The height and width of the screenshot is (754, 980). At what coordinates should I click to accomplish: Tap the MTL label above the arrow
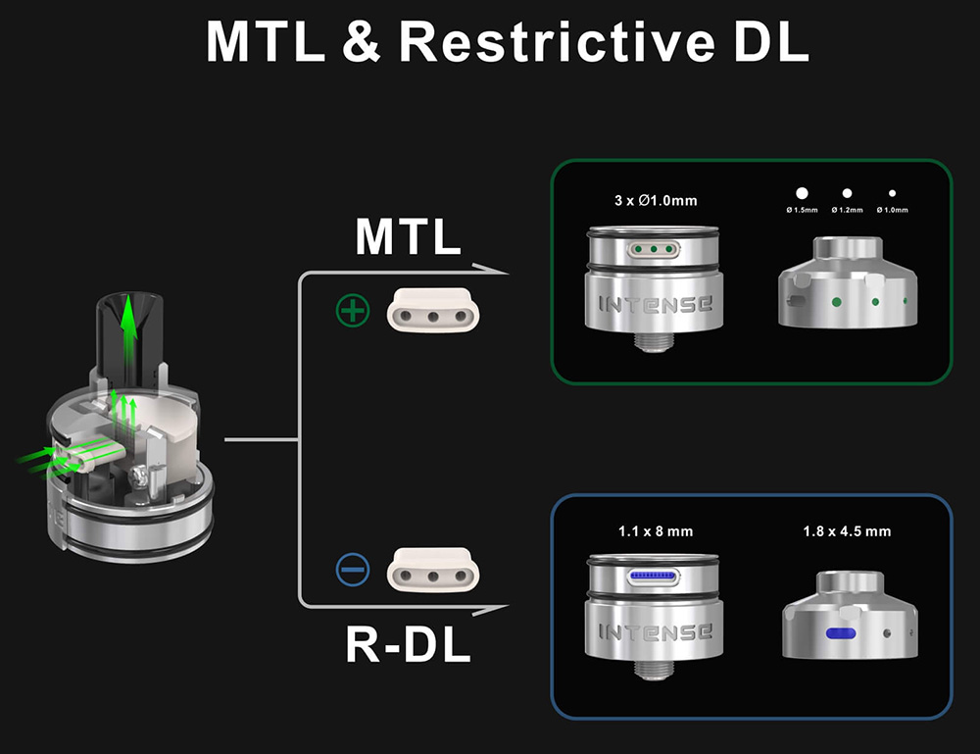coord(408,237)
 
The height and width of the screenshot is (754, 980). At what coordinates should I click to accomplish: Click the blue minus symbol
coord(353,568)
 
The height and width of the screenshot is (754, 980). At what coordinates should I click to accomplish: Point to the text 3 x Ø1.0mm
coord(656,201)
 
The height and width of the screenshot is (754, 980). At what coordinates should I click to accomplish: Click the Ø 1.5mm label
coord(802,210)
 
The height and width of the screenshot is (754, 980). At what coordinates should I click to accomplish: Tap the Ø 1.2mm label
coord(847,210)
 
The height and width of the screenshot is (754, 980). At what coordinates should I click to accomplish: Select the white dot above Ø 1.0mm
coord(892,194)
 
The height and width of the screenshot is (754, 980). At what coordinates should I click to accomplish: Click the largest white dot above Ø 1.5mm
coord(802,194)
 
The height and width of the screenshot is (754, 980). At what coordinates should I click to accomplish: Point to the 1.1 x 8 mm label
coord(656,531)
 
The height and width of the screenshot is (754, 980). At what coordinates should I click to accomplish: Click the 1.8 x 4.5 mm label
coord(847,531)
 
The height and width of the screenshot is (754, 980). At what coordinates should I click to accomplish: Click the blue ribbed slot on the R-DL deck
coord(656,576)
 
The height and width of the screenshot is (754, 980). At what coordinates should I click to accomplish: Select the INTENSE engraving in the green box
coord(656,304)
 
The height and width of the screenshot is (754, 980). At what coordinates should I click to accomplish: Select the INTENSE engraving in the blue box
coord(656,631)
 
